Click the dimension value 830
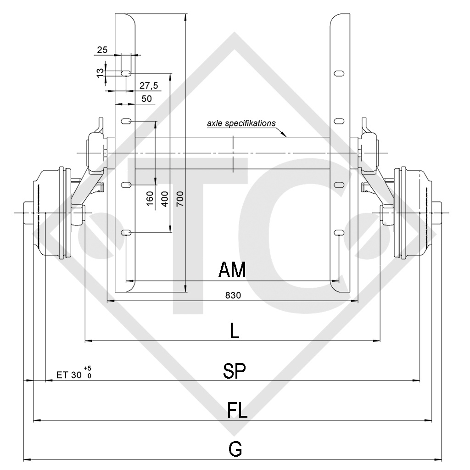coord(233,296)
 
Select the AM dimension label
coord(232,270)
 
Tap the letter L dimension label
coord(234,331)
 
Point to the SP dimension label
coord(234,371)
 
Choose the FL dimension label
coord(237,410)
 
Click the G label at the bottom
coord(235,449)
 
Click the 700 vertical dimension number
coord(180,198)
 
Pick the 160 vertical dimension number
coord(150,198)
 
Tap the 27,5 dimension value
coord(149,86)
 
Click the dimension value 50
coord(147,99)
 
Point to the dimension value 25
coord(102,50)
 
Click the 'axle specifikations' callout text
coord(241,123)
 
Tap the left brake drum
coord(53,213)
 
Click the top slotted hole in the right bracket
coord(339,73)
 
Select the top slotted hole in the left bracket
coord(126,73)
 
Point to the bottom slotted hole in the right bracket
coord(339,234)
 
